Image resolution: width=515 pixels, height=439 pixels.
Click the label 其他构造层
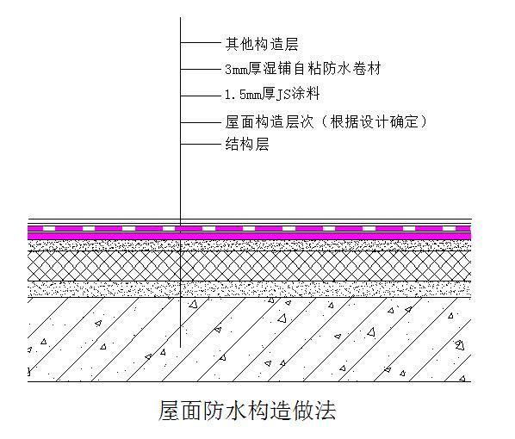(x=262, y=44)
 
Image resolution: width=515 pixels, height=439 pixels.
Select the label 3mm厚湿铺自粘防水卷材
(x=303, y=69)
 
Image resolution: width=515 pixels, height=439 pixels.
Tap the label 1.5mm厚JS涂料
(x=272, y=94)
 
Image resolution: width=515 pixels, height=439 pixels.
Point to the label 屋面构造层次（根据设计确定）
(x=326, y=122)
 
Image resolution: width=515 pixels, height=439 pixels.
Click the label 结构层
(x=247, y=144)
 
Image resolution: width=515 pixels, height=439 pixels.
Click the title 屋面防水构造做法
(x=247, y=410)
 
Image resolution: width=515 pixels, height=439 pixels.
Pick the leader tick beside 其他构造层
(x=201, y=42)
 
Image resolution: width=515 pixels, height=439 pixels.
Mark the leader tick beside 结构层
(x=201, y=144)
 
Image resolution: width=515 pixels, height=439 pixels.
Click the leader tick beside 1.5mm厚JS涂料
(x=201, y=96)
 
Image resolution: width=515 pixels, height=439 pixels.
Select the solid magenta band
(x=249, y=236)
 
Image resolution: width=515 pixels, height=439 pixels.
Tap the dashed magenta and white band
(x=249, y=228)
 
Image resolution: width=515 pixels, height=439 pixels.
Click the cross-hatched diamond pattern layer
(x=249, y=266)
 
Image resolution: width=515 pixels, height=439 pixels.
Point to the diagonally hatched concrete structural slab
(x=249, y=339)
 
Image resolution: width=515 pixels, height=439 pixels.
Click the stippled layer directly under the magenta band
(x=249, y=245)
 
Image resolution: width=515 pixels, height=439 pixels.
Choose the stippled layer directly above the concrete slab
(x=249, y=289)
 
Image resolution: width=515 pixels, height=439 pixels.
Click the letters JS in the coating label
(x=281, y=95)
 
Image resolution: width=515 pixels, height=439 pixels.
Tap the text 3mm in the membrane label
(x=236, y=70)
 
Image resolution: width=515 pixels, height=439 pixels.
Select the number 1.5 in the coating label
(x=235, y=95)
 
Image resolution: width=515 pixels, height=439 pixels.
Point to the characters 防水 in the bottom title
(x=225, y=410)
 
